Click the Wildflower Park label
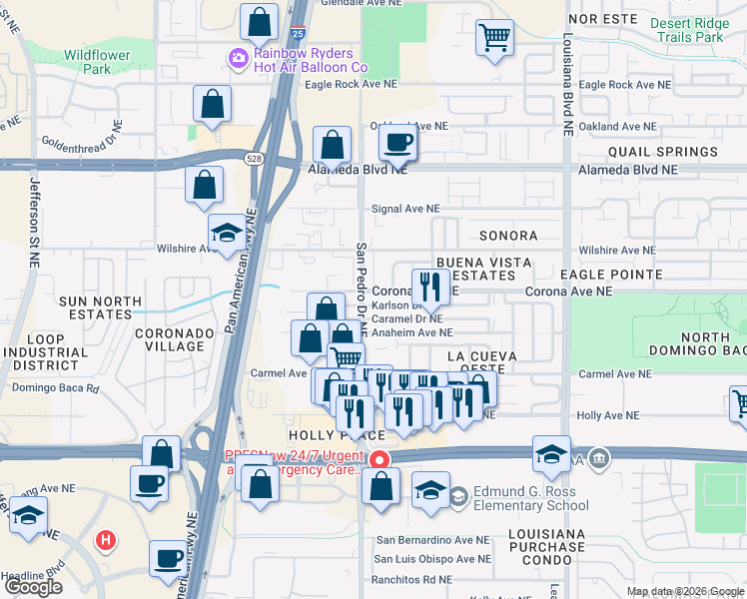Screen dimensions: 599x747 [97, 62]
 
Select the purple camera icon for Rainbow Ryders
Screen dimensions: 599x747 [239, 60]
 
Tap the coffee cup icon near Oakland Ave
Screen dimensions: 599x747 [398, 144]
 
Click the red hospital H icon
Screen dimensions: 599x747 [105, 541]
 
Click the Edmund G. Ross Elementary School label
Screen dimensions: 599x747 [532, 497]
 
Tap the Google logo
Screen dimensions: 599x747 [34, 586]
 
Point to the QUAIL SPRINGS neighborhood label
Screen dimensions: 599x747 [662, 152]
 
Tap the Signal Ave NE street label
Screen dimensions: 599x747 [405, 209]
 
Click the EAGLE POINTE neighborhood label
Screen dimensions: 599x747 [611, 274]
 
